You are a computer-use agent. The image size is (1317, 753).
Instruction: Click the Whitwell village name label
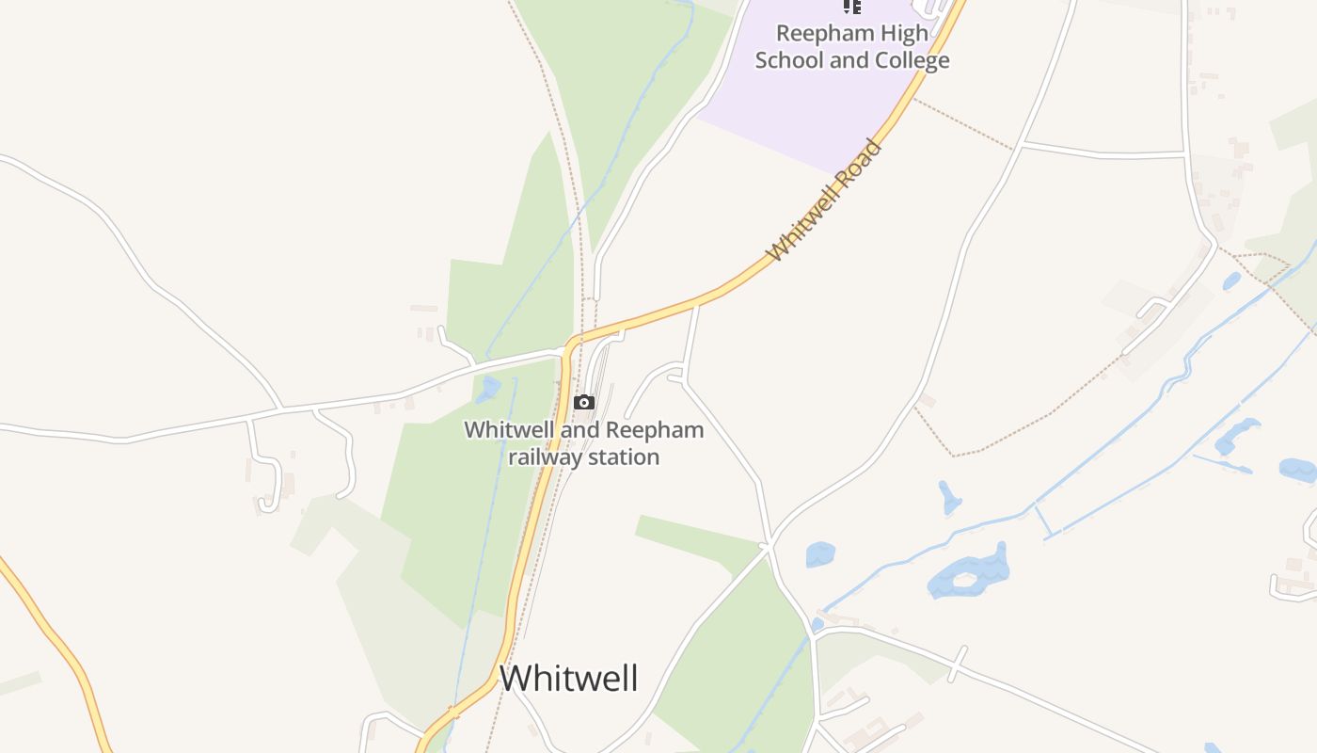[568, 678]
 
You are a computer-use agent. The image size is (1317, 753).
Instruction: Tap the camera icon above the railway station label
[584, 403]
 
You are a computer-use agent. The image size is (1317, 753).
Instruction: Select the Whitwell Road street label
[825, 200]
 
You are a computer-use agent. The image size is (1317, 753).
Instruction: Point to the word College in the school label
[912, 61]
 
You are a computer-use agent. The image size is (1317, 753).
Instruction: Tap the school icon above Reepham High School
[851, 7]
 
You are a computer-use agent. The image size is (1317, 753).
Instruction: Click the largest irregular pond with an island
[969, 573]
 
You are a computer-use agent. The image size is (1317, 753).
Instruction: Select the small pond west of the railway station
[487, 388]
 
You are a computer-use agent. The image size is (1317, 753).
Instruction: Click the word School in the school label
[789, 61]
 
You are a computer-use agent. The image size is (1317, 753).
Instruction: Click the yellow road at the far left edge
[56, 640]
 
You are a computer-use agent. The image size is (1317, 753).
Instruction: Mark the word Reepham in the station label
[655, 430]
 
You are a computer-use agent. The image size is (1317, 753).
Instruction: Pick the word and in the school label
[849, 61]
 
